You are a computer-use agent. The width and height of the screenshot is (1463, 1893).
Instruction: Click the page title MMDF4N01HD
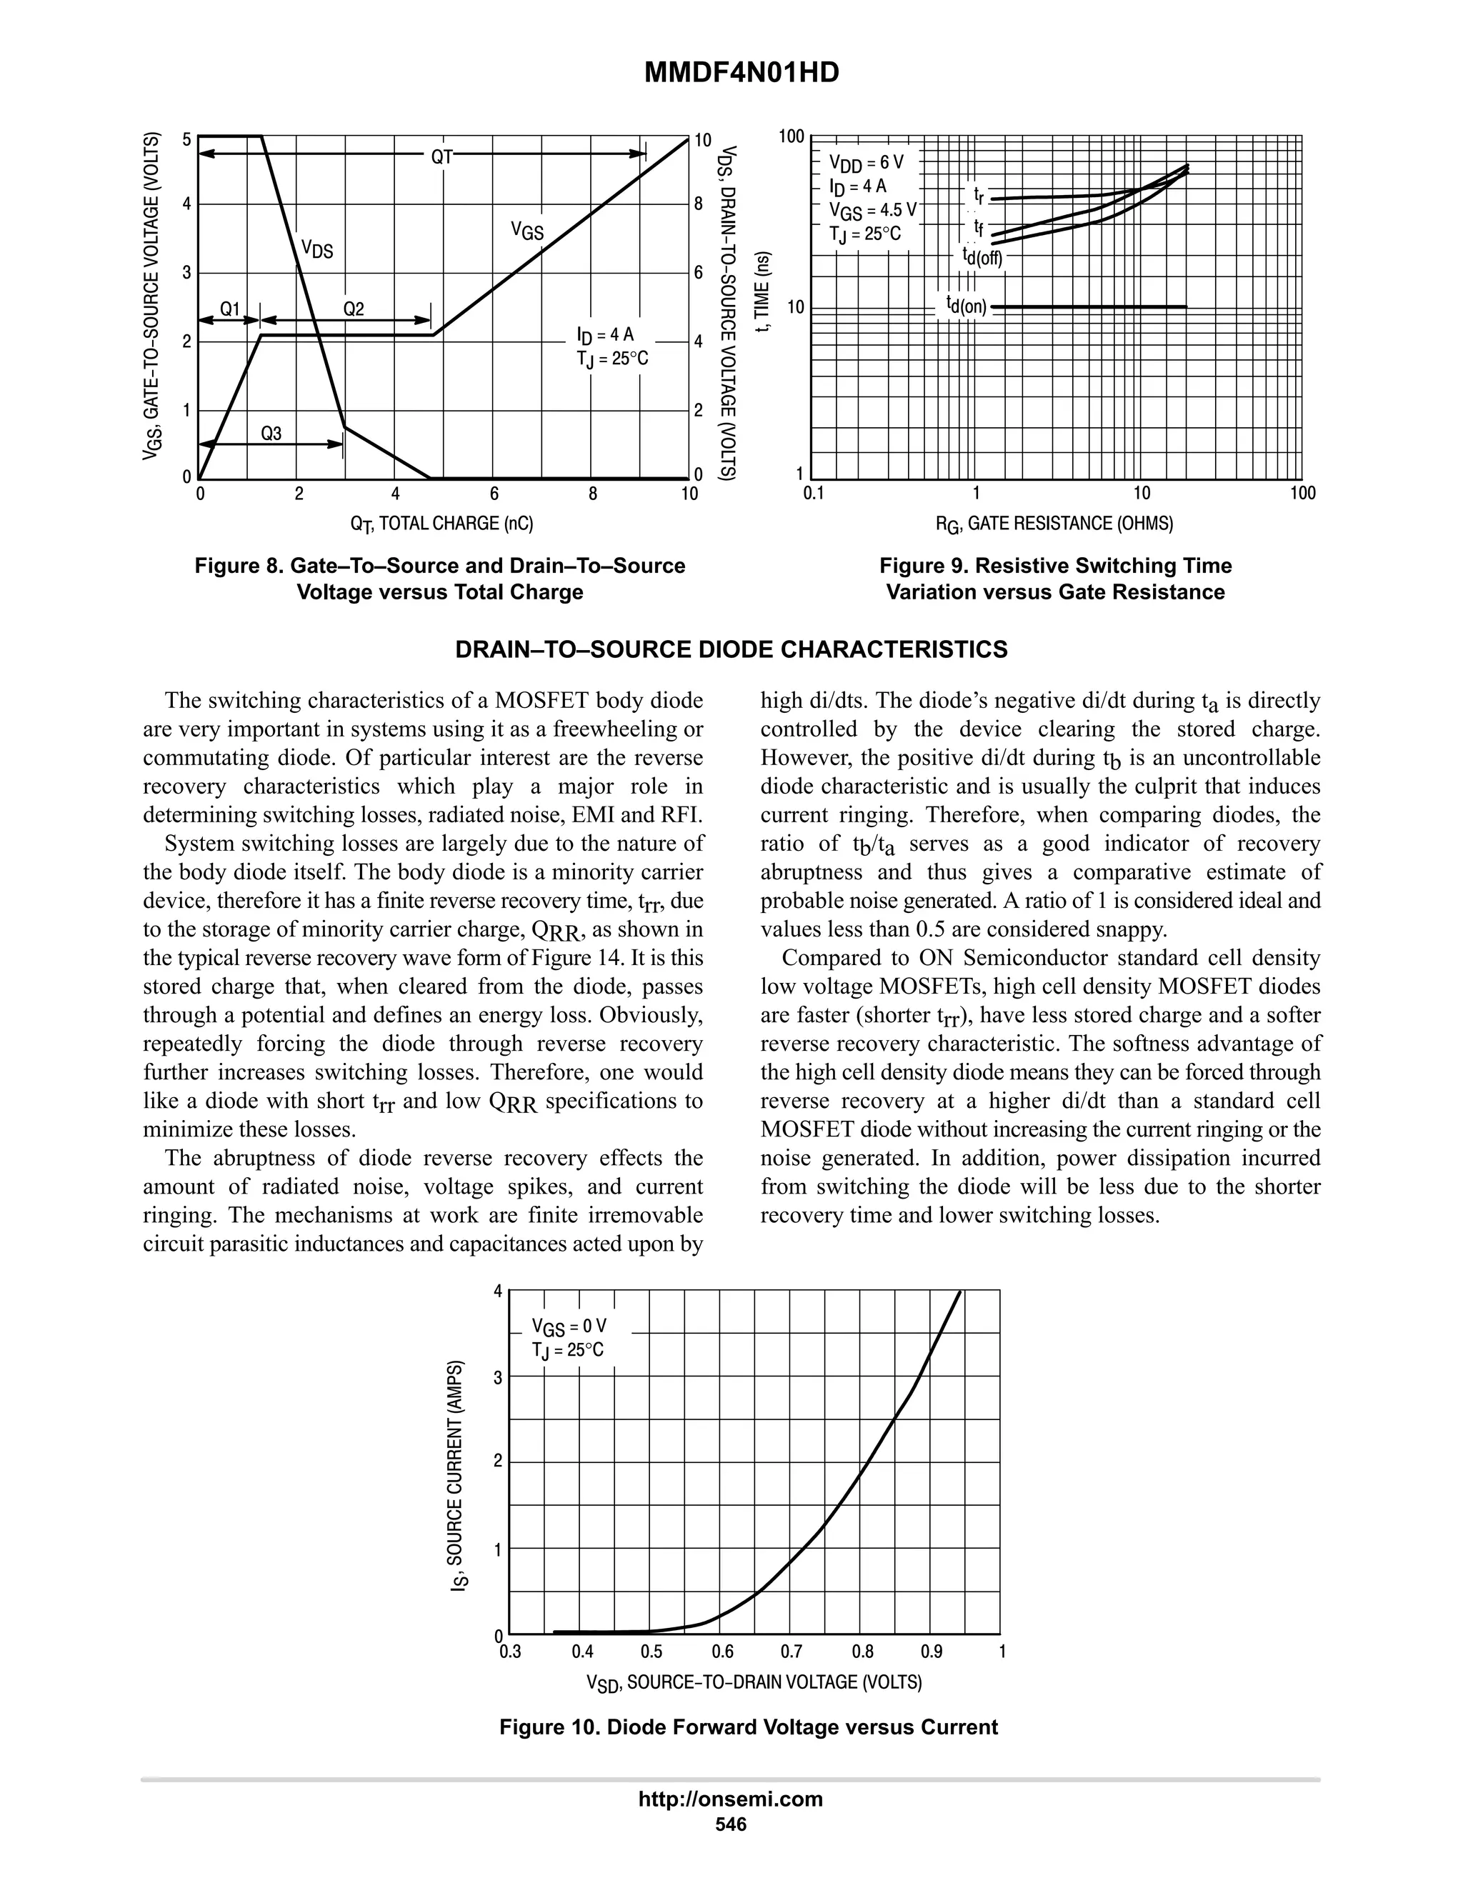pos(741,74)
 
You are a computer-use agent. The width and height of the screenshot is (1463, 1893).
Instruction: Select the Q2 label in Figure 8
pos(354,309)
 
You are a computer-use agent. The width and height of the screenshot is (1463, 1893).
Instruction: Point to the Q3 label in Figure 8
pos(271,434)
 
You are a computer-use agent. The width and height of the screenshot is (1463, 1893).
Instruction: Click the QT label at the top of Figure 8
pos(442,157)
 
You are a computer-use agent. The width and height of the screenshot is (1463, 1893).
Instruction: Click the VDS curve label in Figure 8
pos(316,251)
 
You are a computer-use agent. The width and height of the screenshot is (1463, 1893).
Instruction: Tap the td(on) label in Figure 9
pos(967,306)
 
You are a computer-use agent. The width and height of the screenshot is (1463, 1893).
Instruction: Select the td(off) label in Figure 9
pos(982,256)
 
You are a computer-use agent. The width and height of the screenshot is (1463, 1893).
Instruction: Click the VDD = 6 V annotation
pos(866,162)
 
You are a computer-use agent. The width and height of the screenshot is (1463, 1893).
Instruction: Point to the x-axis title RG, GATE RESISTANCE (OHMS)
pos(1054,524)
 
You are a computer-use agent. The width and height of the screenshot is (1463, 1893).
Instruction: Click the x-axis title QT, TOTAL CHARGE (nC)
pos(441,524)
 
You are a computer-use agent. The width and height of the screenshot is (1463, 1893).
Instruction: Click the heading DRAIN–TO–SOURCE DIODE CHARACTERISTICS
pos(731,650)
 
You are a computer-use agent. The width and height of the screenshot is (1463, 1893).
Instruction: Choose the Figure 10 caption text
pos(748,1727)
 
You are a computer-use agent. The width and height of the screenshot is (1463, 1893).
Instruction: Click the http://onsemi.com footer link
pos(730,1799)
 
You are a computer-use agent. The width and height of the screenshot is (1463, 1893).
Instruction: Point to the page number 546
pos(731,1824)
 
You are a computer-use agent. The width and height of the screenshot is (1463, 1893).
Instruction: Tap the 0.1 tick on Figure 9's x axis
pos(813,494)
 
